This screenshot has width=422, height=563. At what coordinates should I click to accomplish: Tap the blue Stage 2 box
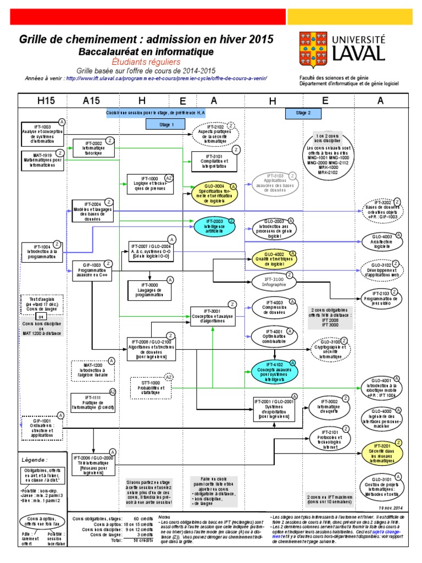(303, 113)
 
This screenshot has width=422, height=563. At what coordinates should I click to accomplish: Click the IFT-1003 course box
(42, 133)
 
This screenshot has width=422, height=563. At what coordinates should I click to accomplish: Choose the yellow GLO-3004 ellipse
(216, 194)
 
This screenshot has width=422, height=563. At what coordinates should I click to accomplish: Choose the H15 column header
(42, 100)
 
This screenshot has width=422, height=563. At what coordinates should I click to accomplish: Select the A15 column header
(93, 100)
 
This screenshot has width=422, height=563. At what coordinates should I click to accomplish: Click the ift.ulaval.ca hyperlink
(166, 78)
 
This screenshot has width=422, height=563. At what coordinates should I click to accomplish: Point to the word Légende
(34, 459)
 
